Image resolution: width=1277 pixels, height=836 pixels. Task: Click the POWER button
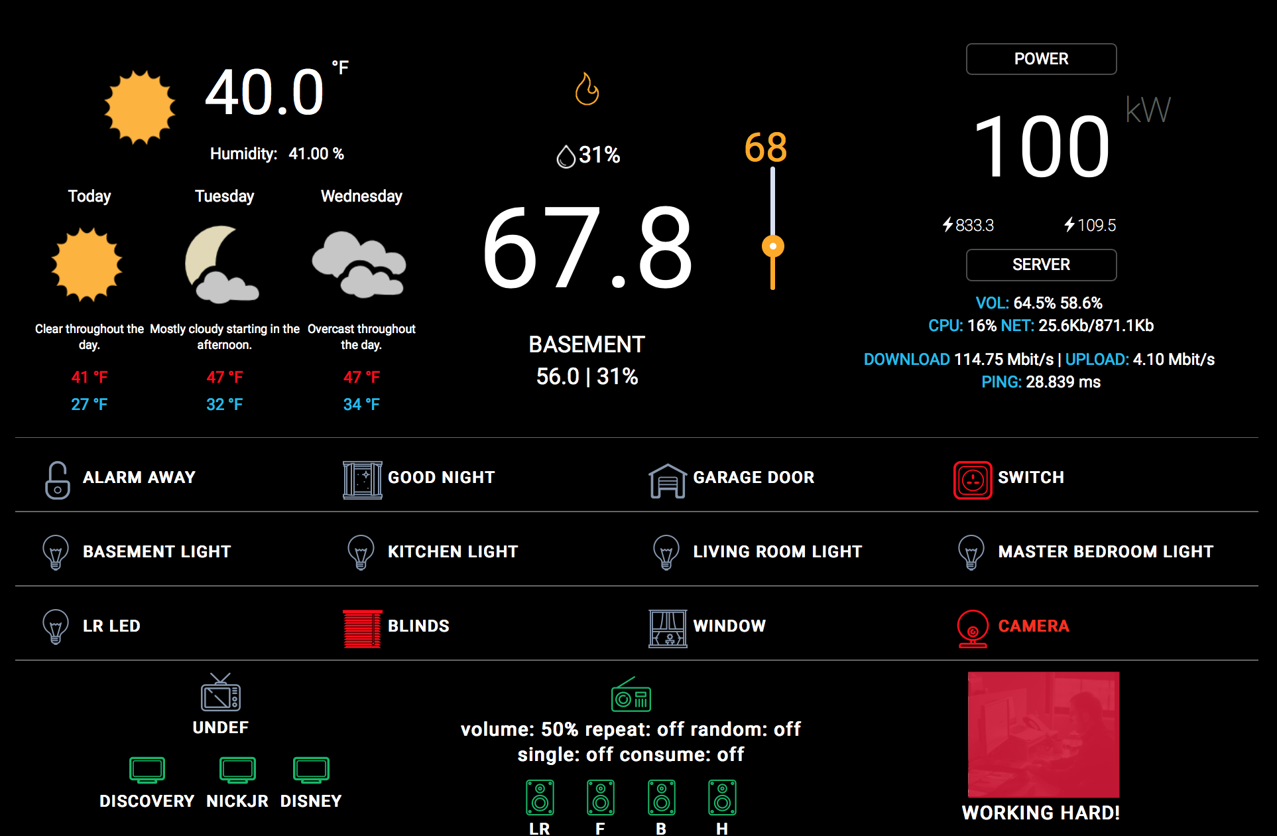tap(1041, 59)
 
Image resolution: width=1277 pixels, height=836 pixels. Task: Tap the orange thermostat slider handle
tap(772, 246)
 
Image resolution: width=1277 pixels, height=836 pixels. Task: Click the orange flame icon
tap(587, 89)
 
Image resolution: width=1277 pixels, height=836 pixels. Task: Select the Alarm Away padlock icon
tap(58, 480)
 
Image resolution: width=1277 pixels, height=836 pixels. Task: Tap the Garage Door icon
tap(667, 480)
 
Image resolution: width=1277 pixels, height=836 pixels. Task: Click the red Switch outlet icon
tap(973, 480)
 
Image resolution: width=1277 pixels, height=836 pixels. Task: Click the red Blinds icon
tap(362, 628)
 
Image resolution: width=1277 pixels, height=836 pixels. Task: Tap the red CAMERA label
tap(1033, 626)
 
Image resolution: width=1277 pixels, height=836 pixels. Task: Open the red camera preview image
tap(1044, 734)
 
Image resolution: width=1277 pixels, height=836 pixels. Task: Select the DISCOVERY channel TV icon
tap(147, 770)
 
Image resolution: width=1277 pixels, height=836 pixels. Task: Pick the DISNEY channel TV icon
tap(311, 770)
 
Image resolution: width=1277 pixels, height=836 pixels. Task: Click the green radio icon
tap(631, 695)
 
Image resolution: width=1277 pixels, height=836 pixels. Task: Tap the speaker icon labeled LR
tap(540, 798)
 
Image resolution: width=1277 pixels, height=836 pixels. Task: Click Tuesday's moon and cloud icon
tap(221, 265)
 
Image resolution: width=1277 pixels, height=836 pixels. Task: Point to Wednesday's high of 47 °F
tap(361, 378)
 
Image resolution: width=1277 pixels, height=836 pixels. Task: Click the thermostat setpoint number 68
tap(765, 147)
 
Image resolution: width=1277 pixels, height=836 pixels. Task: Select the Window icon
tap(668, 628)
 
